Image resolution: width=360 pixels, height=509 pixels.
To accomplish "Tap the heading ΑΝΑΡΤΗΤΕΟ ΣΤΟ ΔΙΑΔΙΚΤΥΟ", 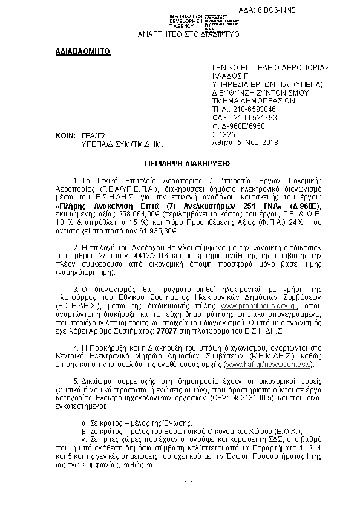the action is (189, 34).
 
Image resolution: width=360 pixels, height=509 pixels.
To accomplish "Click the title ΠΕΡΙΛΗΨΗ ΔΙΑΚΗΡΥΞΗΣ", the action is (180, 164).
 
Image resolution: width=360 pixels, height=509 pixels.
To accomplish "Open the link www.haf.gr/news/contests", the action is (260, 366).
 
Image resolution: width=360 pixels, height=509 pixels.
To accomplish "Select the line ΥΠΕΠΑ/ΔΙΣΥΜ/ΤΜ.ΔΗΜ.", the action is (123, 145).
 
